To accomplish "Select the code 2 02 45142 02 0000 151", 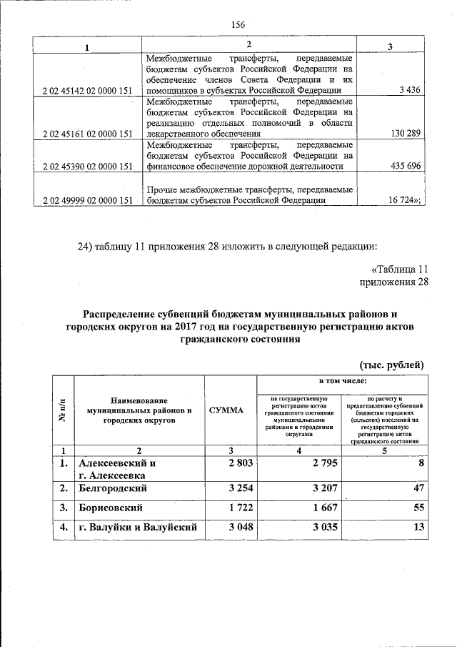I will coord(88,91).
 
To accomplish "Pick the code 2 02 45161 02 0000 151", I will coord(88,133).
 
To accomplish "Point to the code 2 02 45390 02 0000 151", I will coord(88,167).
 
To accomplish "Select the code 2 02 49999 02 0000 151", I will coord(88,201).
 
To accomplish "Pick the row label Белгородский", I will coord(114,488).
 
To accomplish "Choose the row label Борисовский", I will coord(111,508).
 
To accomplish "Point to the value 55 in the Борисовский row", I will coord(419,508).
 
